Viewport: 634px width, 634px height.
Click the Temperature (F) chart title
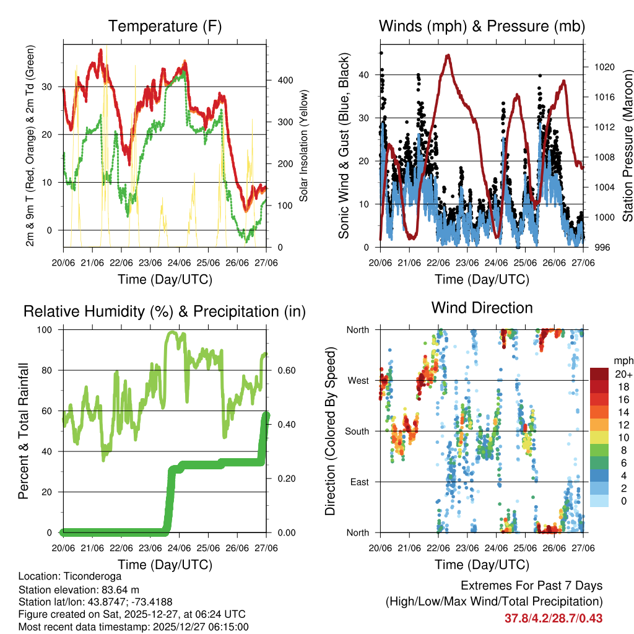click(x=165, y=26)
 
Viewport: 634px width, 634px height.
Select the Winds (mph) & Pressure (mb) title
click(x=482, y=26)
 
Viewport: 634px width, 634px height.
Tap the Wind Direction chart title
click(x=482, y=307)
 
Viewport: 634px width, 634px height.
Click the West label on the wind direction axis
click(x=358, y=380)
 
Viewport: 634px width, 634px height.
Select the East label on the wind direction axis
click(x=360, y=482)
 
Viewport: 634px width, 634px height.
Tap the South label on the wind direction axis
click(x=357, y=431)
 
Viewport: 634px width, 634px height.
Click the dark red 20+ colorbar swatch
click(x=600, y=374)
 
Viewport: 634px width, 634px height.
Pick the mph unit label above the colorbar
click(x=622, y=360)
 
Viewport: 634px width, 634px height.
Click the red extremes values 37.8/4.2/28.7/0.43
click(x=554, y=618)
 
